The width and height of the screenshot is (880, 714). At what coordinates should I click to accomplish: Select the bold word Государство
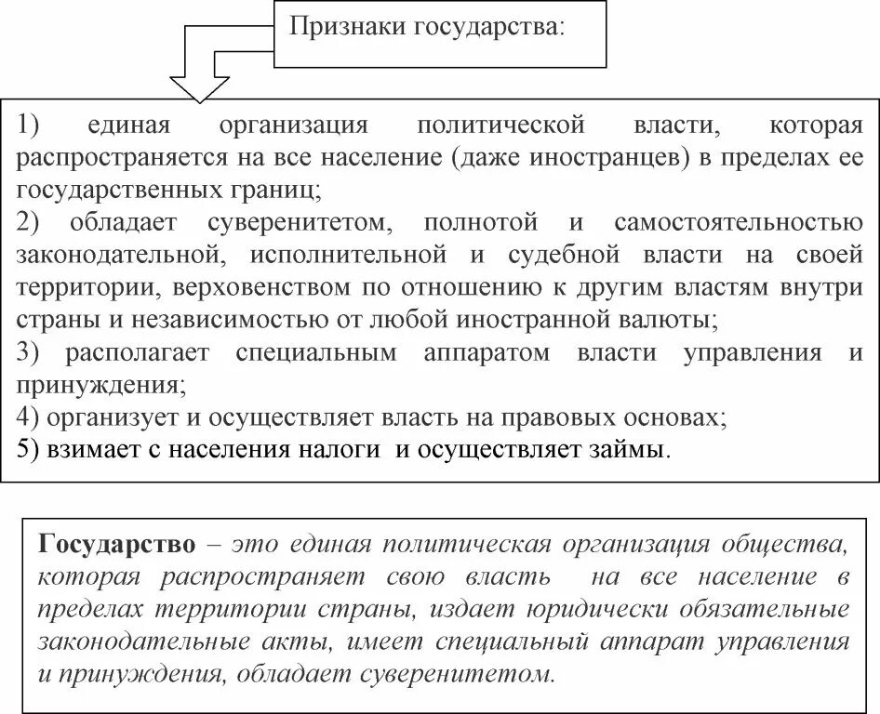[117, 543]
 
